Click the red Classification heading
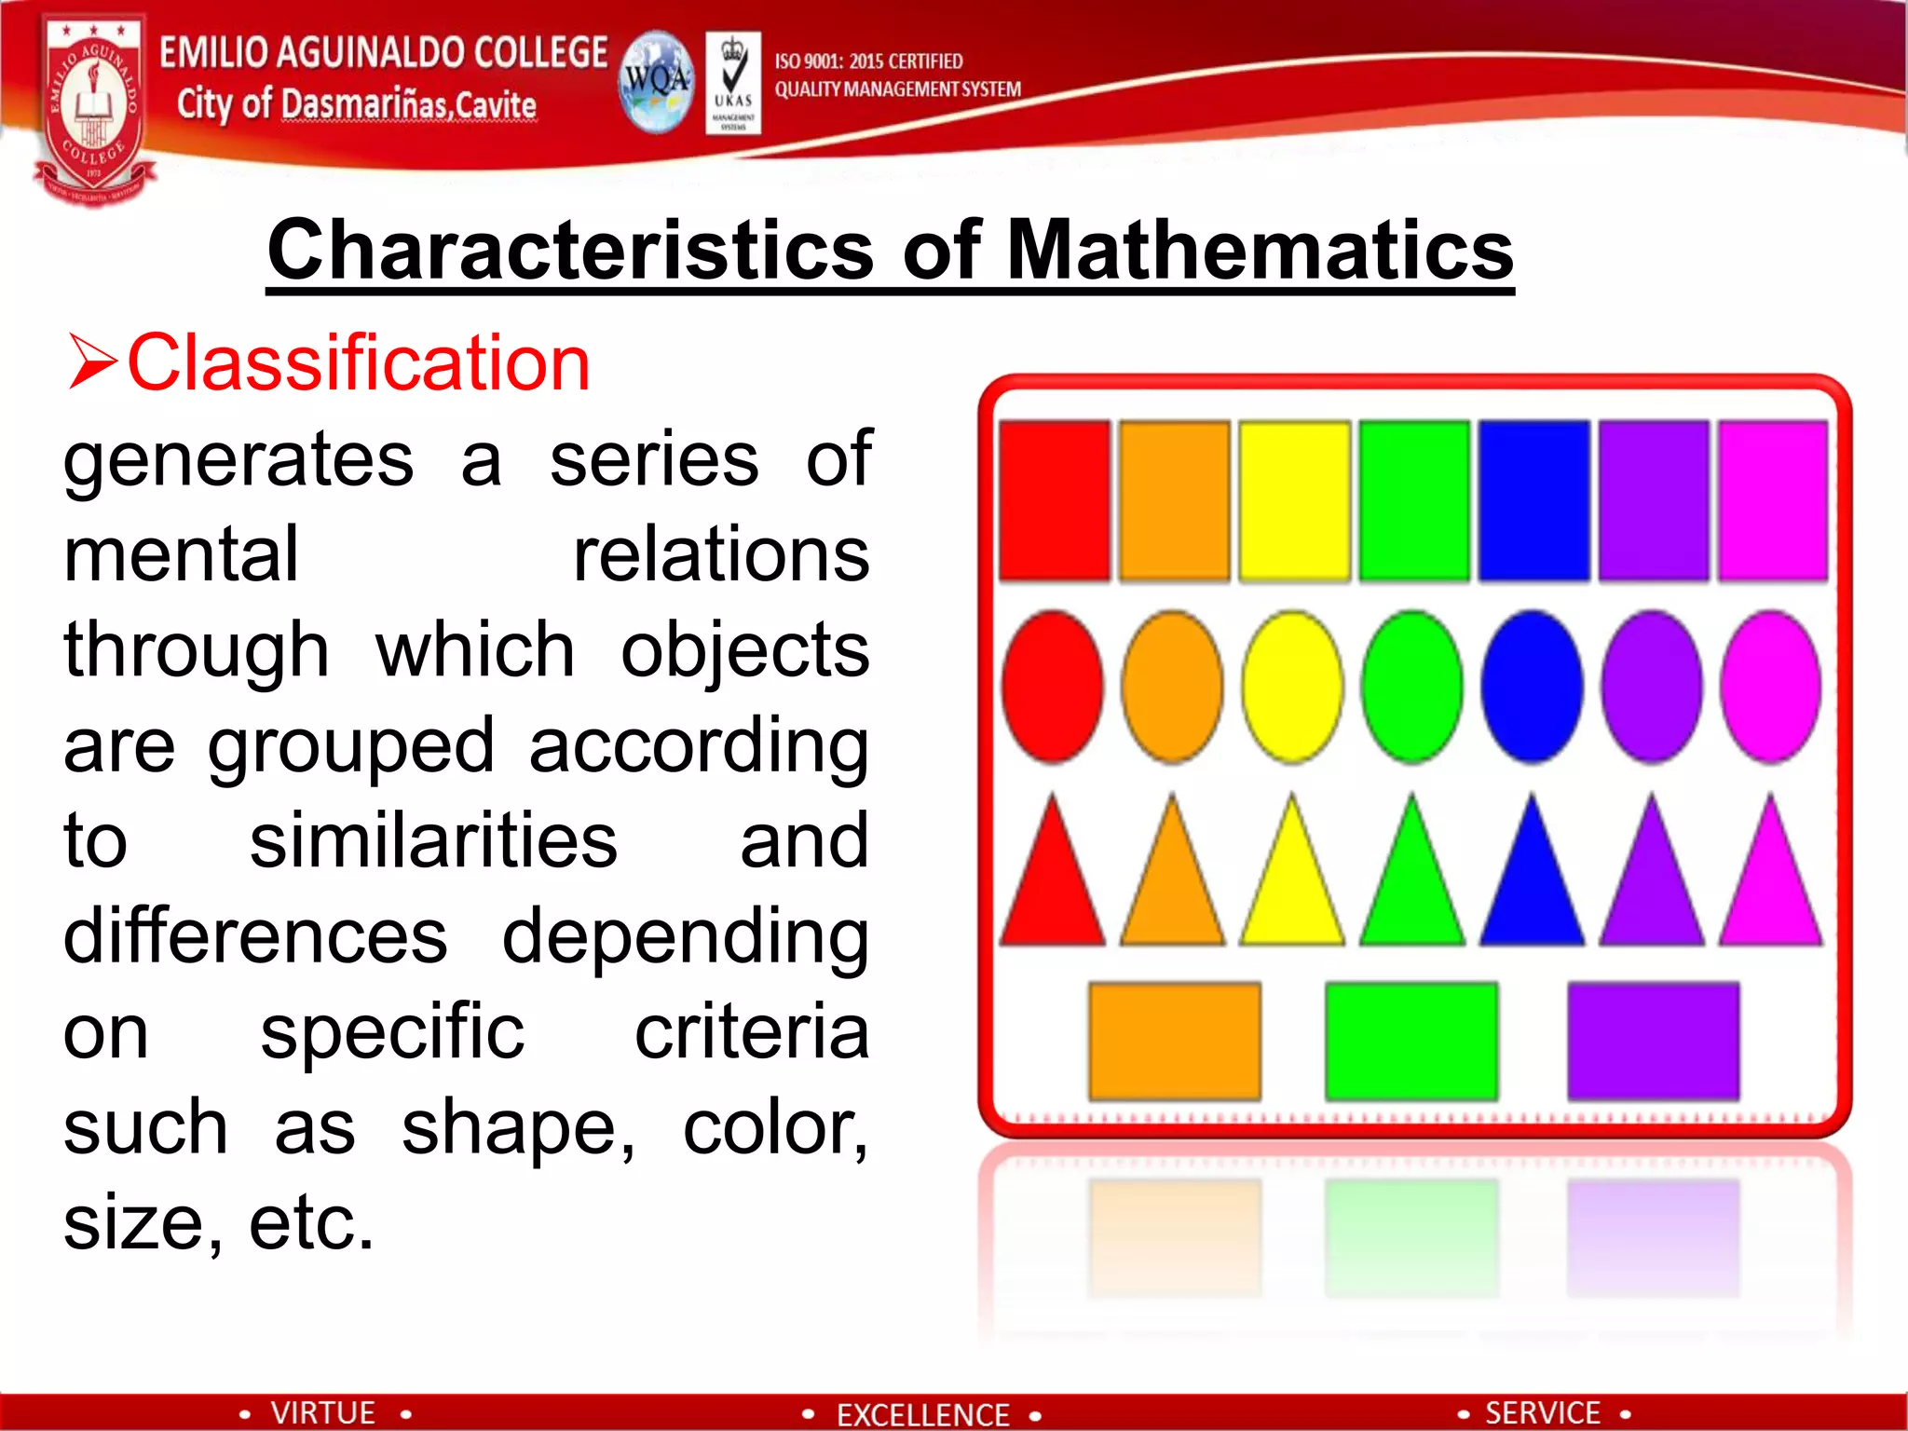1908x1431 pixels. [359, 363]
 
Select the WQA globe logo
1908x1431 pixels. [657, 82]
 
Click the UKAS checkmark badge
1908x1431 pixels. [733, 82]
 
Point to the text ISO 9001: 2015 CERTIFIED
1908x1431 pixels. [868, 61]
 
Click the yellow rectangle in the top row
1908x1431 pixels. [1294, 500]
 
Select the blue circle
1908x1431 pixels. [1533, 687]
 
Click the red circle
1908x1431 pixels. [1053, 687]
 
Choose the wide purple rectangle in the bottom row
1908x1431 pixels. [1653, 1041]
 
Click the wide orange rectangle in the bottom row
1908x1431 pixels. [1175, 1041]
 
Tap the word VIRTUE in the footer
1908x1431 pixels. [322, 1412]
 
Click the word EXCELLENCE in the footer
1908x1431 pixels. [922, 1414]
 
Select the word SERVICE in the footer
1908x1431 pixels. [1542, 1412]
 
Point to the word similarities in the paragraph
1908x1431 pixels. [433, 840]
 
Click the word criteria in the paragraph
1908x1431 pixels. [752, 1031]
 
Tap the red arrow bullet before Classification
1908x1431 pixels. [92, 363]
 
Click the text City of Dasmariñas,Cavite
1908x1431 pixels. [356, 104]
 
